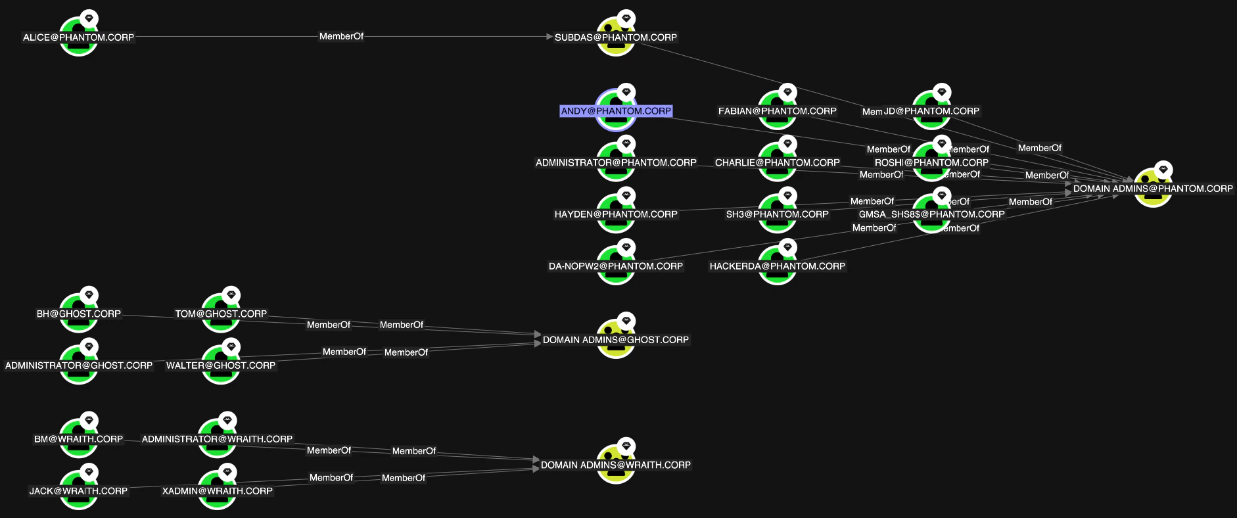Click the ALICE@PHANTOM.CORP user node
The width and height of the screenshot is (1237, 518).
point(79,37)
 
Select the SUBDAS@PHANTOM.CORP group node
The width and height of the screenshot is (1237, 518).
point(616,37)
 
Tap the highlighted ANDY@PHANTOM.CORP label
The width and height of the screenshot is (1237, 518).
point(616,111)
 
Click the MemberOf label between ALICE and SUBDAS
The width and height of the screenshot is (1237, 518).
point(341,36)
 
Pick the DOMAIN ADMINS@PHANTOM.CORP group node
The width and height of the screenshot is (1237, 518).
point(1153,189)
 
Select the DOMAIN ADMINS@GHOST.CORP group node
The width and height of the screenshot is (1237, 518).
point(616,340)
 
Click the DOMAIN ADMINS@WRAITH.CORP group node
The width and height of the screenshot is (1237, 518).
point(616,465)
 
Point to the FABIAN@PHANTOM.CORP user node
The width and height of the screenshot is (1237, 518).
point(777,111)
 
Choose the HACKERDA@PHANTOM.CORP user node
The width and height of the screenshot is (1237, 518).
point(777,266)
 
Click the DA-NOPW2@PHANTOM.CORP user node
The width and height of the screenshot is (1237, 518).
point(616,266)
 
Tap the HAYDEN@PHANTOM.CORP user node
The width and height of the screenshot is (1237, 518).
point(616,214)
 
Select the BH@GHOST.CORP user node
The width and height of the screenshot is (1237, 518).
point(79,314)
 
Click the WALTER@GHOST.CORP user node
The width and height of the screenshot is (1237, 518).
point(221,365)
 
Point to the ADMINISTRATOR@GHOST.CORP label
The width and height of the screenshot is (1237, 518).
point(79,365)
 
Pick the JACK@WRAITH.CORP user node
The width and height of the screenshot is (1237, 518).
point(79,491)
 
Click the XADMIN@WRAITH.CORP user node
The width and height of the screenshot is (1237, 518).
point(218,491)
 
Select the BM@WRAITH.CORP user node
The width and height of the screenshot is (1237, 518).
point(79,439)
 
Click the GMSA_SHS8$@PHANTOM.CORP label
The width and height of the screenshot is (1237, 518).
point(931,214)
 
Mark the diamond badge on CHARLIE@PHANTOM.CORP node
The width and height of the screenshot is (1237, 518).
point(787,143)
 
